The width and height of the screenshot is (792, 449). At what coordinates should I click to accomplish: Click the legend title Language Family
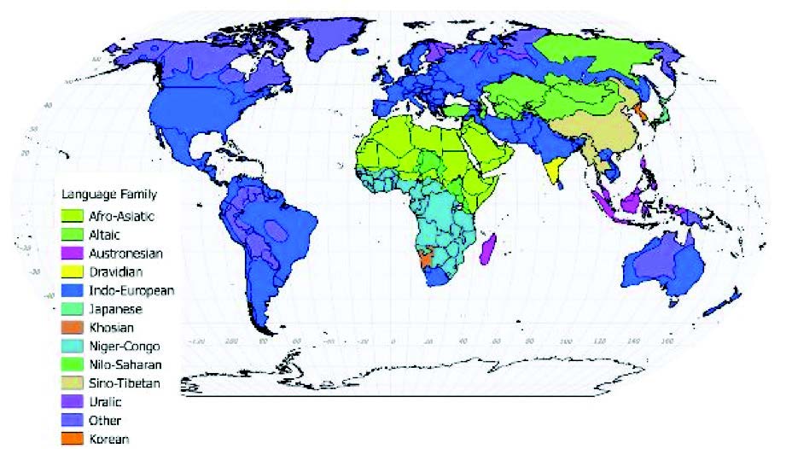(x=107, y=195)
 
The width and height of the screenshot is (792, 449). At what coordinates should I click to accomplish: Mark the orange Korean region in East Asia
(x=637, y=115)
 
